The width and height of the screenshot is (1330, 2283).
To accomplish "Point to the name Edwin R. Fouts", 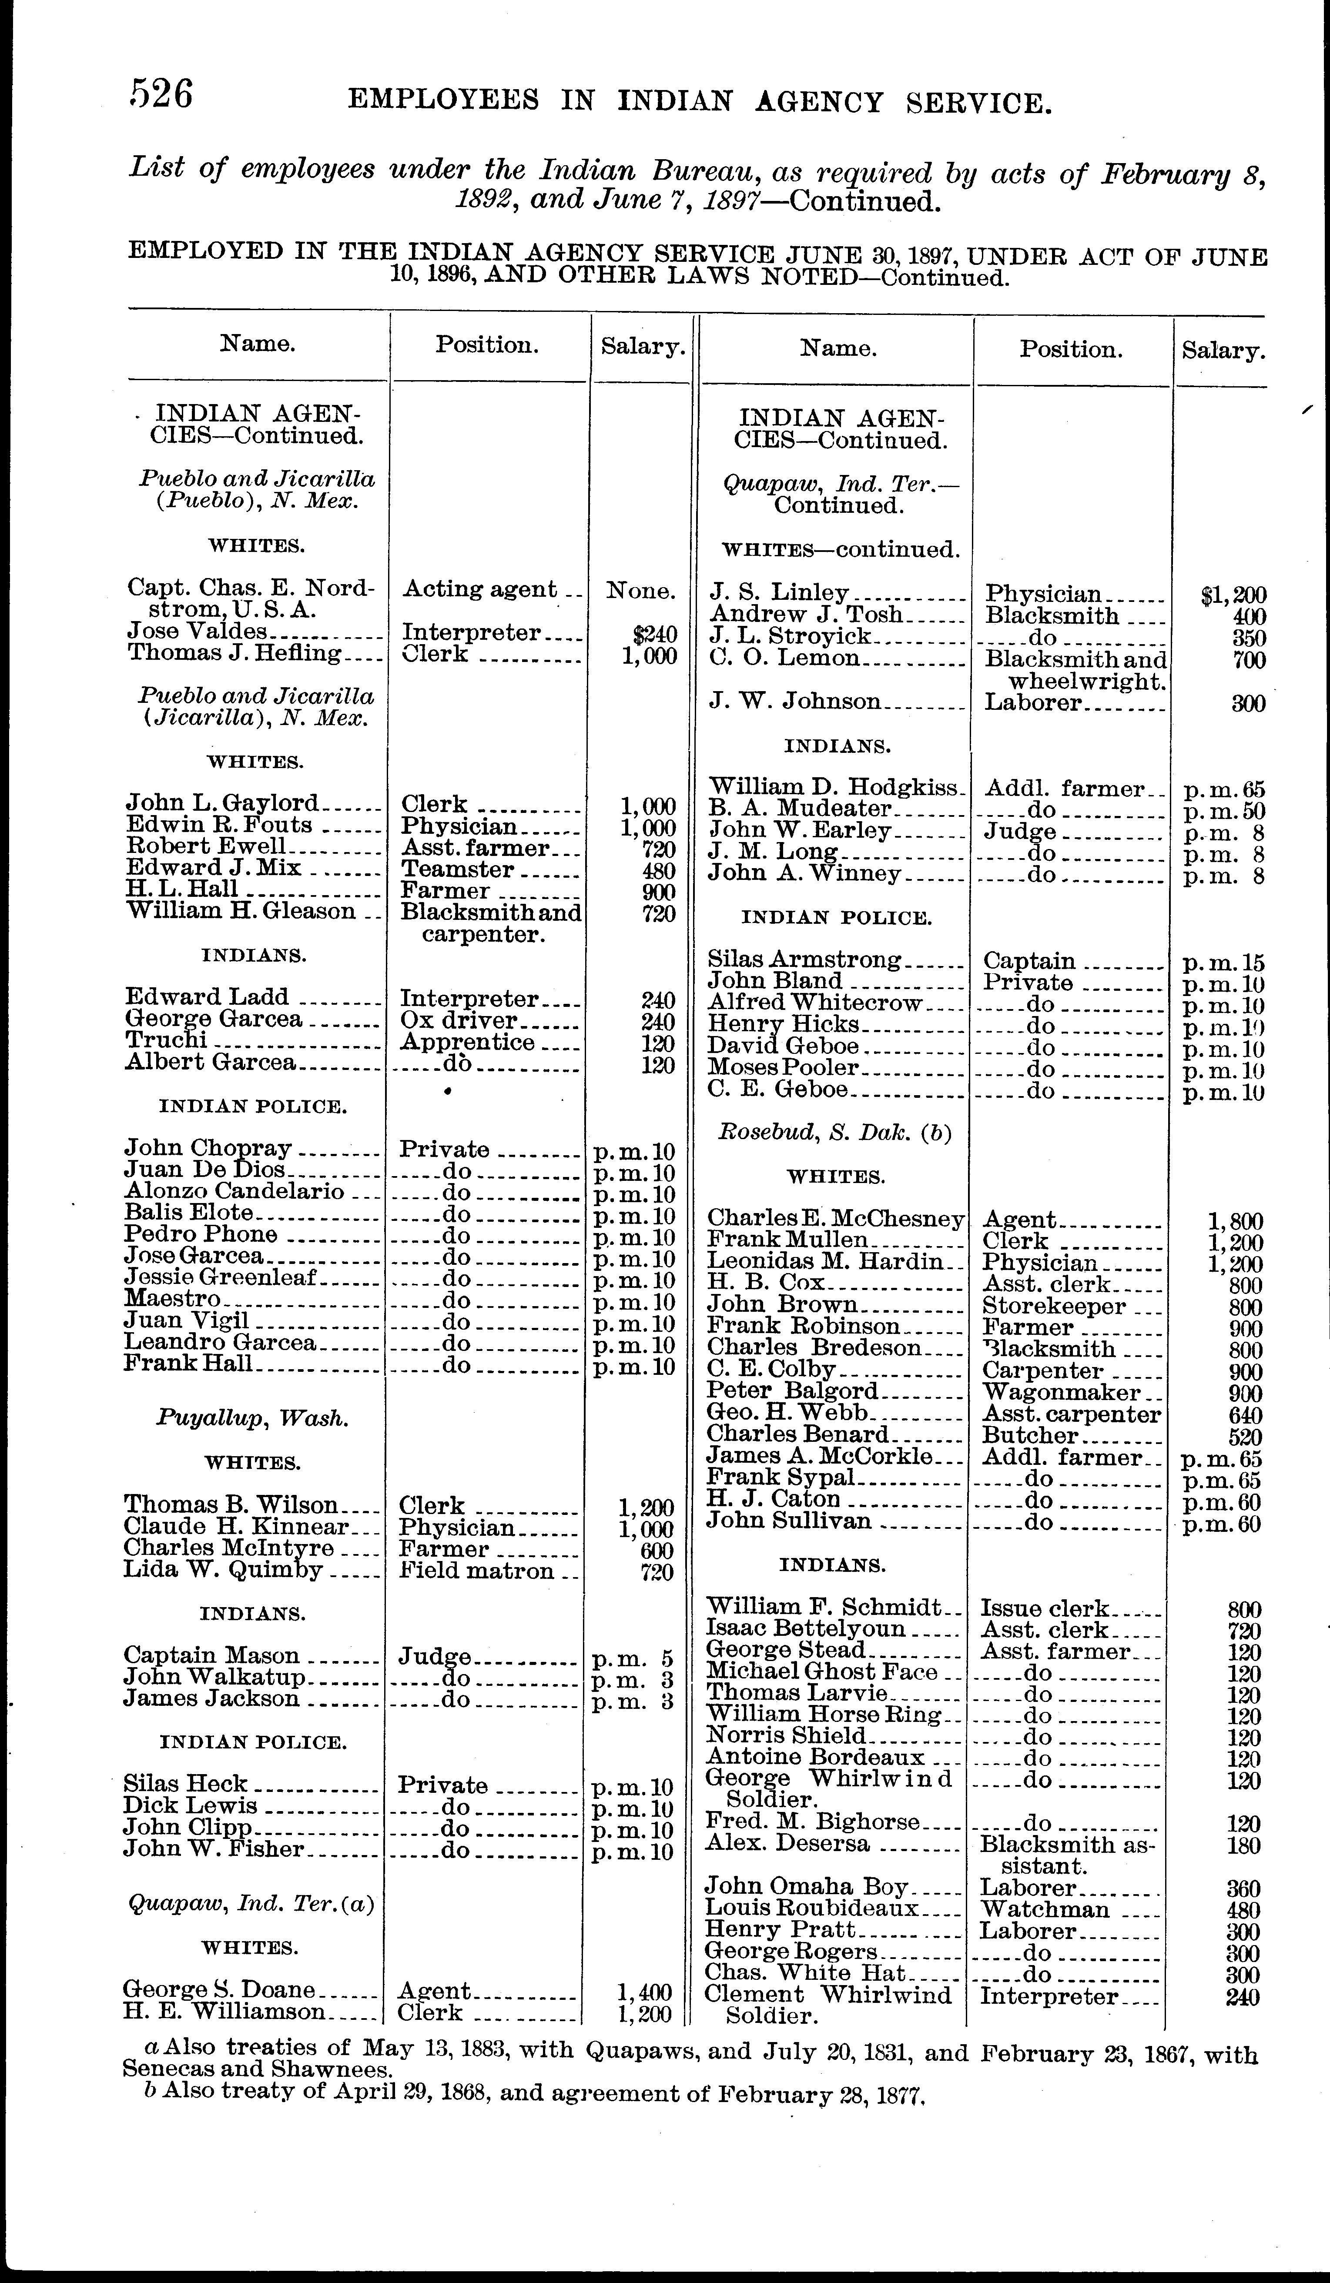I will [x=219, y=826].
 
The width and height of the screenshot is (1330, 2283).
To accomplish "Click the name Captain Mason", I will [x=211, y=1656].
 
